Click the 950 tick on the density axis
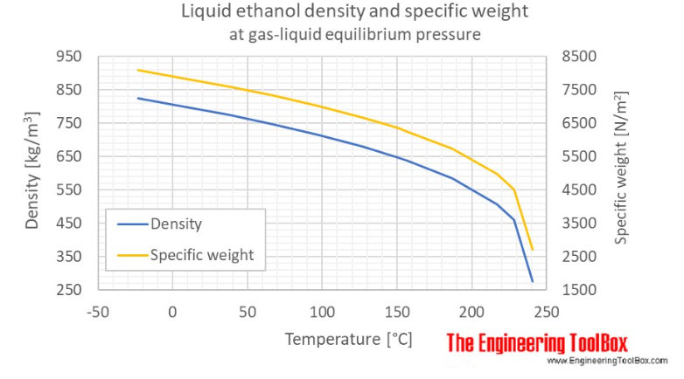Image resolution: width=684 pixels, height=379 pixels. click(x=67, y=57)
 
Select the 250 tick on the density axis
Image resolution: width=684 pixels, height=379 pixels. click(x=67, y=290)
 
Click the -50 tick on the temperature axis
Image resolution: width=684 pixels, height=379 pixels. click(x=97, y=311)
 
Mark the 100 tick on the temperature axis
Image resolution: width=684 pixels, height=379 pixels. click(x=322, y=311)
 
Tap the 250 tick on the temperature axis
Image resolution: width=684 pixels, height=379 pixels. click(x=547, y=311)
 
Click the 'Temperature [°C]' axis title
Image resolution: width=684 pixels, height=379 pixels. click(x=347, y=338)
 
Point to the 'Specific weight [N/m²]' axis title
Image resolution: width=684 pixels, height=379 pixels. click(x=622, y=172)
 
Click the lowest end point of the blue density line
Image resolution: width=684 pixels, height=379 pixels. click(x=532, y=281)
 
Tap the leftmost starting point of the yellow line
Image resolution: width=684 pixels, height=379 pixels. click(x=137, y=70)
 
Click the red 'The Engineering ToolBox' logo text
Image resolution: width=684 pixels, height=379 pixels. click(x=537, y=342)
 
